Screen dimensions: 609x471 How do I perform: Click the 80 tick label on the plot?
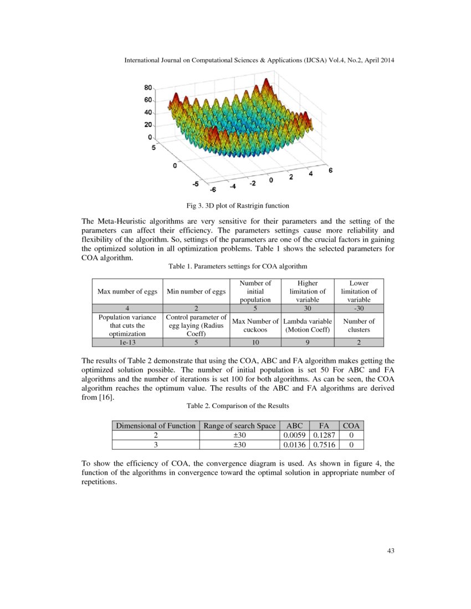(x=148, y=87)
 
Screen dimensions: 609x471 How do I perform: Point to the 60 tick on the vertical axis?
(x=148, y=100)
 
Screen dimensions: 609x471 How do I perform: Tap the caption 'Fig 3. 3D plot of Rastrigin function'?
(x=237, y=206)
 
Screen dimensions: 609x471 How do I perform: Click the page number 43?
(x=390, y=551)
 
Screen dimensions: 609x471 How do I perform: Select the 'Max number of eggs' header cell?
(x=127, y=291)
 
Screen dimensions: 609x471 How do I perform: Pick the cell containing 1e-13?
(x=127, y=343)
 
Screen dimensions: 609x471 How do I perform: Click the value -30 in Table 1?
(x=359, y=308)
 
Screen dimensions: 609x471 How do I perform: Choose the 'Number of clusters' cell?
(x=359, y=325)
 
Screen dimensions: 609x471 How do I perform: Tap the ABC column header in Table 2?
(x=294, y=426)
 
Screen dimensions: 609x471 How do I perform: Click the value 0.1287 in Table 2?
(x=322, y=435)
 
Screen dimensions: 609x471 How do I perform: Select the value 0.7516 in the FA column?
(x=322, y=445)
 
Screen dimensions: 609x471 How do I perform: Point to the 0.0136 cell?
(x=294, y=445)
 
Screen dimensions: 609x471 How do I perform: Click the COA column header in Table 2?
(x=351, y=426)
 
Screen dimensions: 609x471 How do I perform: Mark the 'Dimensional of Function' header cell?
(x=155, y=426)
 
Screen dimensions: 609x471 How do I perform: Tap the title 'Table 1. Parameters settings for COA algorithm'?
(x=238, y=266)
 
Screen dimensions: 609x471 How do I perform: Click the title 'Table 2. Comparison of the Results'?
(x=238, y=406)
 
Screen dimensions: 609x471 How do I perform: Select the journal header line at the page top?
(x=259, y=60)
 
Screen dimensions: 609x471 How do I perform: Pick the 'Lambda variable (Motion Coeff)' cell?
(x=308, y=325)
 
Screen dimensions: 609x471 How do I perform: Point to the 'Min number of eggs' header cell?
(x=196, y=291)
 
